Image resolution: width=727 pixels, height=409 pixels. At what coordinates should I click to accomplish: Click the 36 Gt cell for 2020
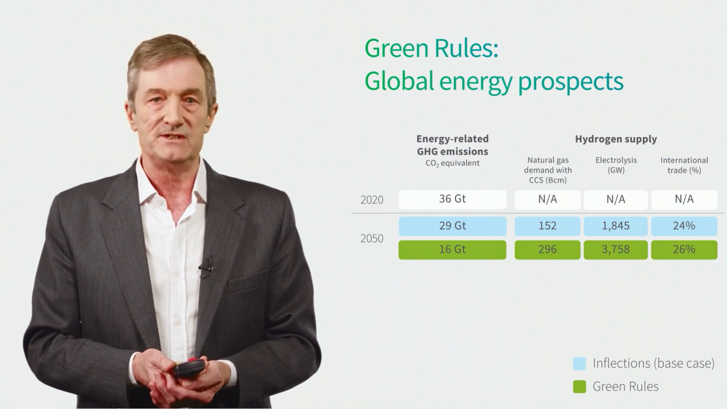[452, 199]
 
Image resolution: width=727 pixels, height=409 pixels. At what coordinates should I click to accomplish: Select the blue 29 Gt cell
[452, 226]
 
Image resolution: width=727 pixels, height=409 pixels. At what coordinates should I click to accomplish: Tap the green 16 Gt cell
[452, 249]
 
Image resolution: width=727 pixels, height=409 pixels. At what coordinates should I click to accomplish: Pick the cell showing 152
[547, 226]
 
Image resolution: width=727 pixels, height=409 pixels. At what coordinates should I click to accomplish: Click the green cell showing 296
[547, 249]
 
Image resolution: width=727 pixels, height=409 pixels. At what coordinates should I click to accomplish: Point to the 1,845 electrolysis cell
[615, 226]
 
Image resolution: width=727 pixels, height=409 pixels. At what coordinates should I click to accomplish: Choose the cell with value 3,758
[615, 249]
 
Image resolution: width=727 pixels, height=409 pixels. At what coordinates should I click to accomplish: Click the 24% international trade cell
[684, 226]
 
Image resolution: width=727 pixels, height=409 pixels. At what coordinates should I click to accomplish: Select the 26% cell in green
[684, 249]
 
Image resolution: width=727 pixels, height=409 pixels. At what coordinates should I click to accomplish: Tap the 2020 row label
[372, 200]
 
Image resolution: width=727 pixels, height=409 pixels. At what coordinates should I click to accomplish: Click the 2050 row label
[372, 238]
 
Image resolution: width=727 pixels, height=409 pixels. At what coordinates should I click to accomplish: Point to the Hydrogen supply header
[616, 139]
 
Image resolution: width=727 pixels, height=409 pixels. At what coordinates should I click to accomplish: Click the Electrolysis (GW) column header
[616, 165]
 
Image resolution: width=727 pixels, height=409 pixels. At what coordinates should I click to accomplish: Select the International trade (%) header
[684, 165]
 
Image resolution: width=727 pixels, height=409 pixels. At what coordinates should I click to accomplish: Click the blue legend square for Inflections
[580, 363]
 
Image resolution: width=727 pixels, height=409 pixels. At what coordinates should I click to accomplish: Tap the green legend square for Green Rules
[580, 387]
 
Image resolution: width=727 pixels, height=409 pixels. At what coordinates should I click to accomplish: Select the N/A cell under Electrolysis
[615, 199]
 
